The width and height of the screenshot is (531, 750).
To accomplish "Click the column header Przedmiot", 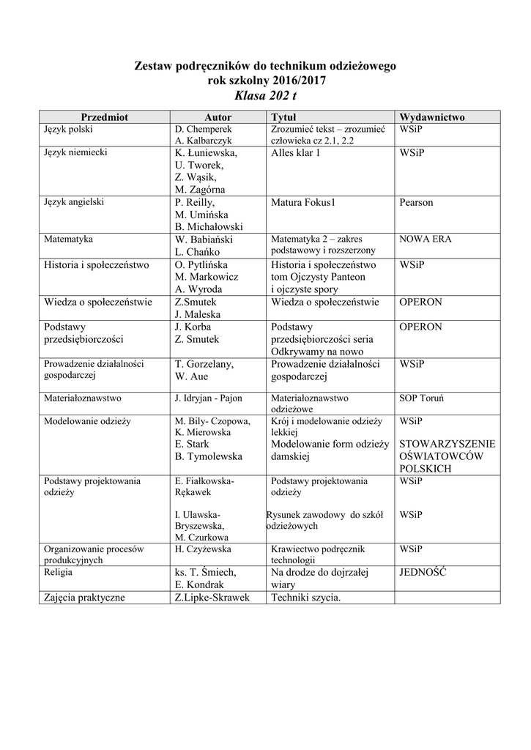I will click(104, 117).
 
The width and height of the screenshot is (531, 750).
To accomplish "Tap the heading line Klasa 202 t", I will click(265, 96).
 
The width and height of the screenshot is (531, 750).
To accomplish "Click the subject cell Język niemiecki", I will click(75, 154).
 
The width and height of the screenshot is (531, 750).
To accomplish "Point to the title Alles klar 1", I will click(295, 154).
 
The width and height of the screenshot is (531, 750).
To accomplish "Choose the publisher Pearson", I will click(416, 203).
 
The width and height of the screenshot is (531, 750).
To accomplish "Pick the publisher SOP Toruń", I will click(422, 398).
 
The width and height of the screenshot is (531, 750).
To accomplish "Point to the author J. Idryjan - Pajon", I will click(208, 398).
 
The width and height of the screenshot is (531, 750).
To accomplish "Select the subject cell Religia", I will click(59, 572).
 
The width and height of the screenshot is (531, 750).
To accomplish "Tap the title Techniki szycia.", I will click(305, 598).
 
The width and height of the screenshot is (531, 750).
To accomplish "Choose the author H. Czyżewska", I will click(203, 549).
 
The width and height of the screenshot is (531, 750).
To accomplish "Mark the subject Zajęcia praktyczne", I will click(84, 598).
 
